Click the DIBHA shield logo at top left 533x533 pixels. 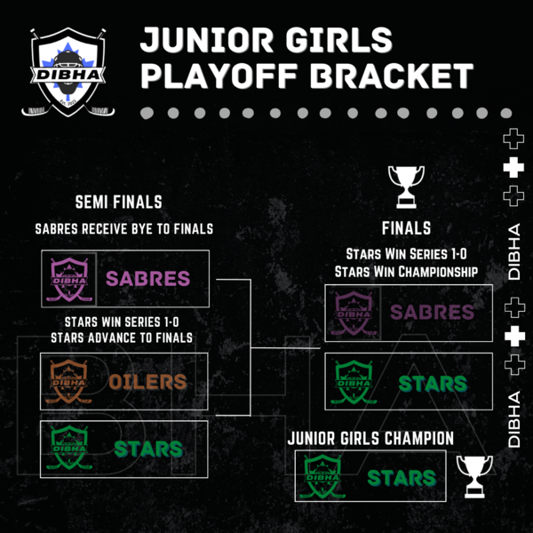68,72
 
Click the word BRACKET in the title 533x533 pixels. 391,76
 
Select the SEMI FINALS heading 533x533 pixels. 119,202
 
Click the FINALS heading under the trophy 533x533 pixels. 406,228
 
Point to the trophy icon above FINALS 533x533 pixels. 406,187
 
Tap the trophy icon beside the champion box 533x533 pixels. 474,476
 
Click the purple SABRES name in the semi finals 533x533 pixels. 147,279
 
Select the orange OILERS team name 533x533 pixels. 147,382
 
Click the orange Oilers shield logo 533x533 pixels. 69,381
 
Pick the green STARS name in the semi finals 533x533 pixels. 148,449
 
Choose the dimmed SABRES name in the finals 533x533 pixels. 432,312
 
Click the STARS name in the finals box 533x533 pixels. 433,384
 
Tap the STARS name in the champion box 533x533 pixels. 402,478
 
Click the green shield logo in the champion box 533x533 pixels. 322,476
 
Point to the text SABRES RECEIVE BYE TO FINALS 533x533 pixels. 124,229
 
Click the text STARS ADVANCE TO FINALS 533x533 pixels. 122,338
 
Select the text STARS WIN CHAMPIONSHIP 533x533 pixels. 406,272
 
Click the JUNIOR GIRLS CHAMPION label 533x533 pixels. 370,438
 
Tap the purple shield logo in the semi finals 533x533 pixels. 69,280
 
